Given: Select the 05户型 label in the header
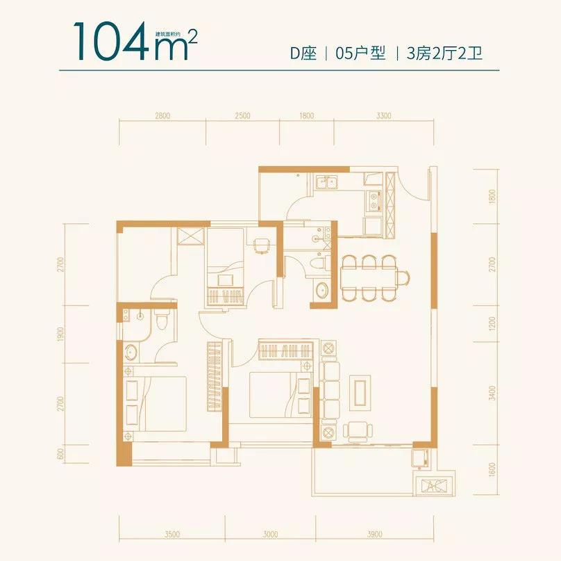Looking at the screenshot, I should click(360, 54).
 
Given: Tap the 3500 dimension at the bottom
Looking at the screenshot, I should click(173, 535).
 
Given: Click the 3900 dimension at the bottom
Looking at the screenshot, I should click(375, 535).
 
